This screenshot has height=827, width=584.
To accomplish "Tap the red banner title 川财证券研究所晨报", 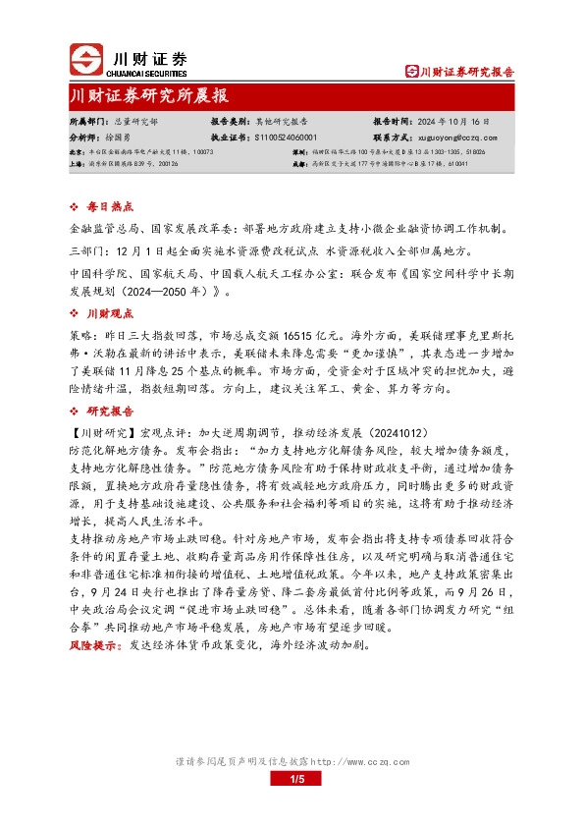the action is coord(150,97).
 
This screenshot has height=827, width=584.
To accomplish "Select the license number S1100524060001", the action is coord(286,138).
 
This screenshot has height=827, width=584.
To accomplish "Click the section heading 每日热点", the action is coord(107,208).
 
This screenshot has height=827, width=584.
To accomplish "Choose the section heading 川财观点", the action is coord(107,312).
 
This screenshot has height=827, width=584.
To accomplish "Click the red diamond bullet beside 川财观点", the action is coord(77,312).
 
